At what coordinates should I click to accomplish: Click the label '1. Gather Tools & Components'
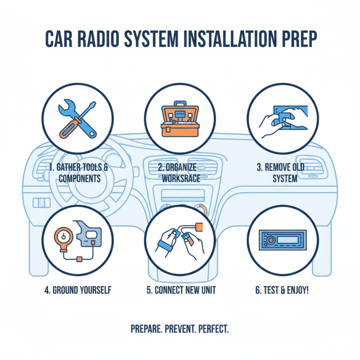[77, 173]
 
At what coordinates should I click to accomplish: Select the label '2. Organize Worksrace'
[180, 173]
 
